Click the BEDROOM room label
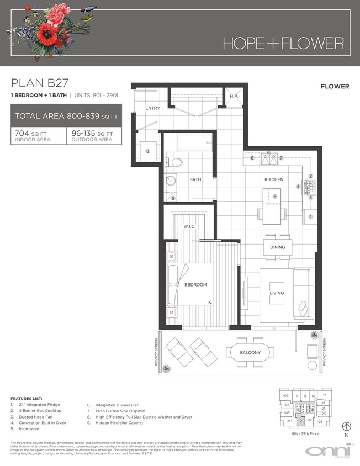click(196, 285)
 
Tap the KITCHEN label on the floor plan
click(273, 179)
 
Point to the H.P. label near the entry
click(234, 96)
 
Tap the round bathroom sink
click(171, 180)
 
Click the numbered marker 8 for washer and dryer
click(148, 151)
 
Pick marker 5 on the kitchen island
click(274, 197)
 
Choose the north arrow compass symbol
click(347, 426)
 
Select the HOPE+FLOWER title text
click(283, 43)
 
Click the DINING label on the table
click(278, 247)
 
